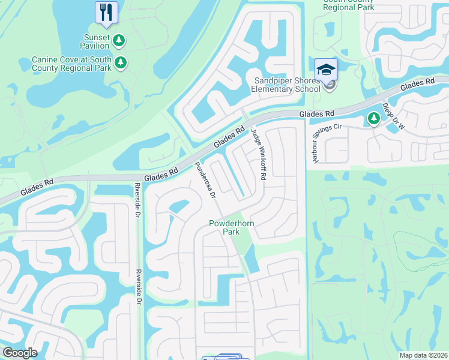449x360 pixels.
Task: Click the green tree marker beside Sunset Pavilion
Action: tap(119, 40)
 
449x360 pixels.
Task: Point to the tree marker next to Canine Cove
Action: tap(121, 62)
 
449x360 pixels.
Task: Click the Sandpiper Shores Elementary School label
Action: tap(287, 85)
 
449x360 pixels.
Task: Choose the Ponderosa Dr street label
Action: tap(205, 180)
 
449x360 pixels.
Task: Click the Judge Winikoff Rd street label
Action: tap(259, 155)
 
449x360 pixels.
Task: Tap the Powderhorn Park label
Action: tap(224, 227)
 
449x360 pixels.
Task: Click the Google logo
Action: tap(20, 353)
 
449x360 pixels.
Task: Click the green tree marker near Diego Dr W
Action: tap(373, 119)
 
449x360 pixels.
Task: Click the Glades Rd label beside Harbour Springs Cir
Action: tap(318, 113)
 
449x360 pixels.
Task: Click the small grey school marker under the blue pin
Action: tap(329, 86)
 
